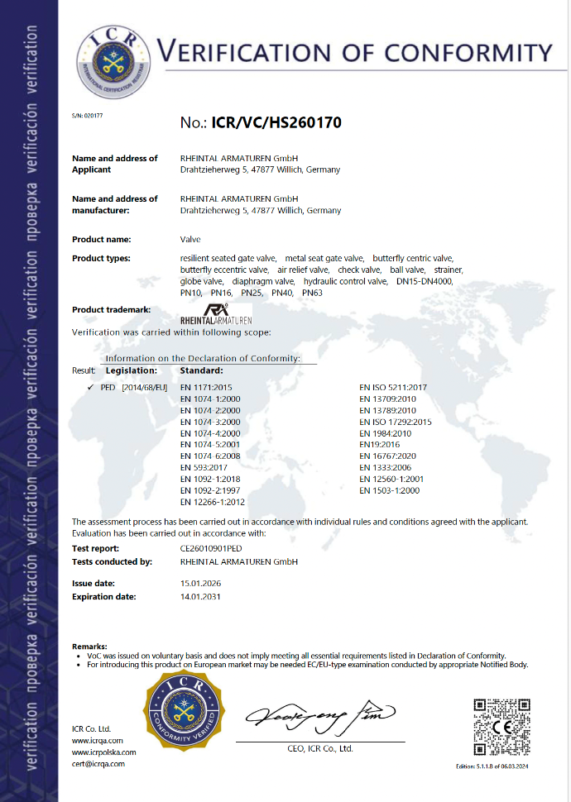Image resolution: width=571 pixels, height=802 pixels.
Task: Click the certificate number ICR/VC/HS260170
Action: coord(276,122)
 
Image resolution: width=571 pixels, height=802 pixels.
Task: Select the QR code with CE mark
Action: coord(501,726)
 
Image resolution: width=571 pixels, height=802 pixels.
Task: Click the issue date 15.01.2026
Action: coord(200,583)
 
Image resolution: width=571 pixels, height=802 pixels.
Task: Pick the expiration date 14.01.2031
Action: coord(200,595)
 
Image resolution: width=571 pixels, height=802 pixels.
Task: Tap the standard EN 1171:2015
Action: coord(207,387)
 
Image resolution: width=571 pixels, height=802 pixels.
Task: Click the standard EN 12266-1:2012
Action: coord(212,502)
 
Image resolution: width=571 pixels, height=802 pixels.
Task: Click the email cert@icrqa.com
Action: coord(98,763)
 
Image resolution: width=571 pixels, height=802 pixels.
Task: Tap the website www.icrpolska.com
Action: coord(103,752)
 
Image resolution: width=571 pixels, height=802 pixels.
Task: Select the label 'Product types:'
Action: coord(101,259)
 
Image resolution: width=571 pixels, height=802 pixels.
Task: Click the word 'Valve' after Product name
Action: coord(190,239)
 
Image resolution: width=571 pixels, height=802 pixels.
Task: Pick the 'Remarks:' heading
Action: coord(89,645)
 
